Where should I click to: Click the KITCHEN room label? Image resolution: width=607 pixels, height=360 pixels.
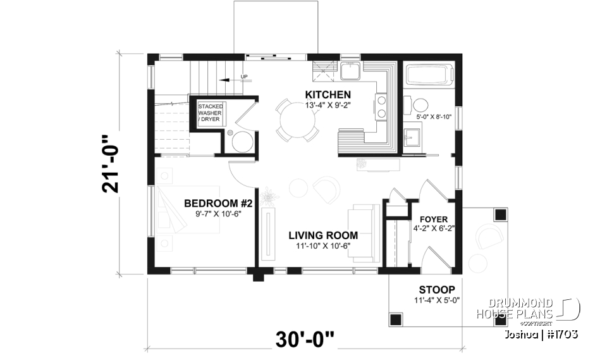[x=328, y=95]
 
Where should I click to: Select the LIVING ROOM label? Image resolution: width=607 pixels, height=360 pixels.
[x=323, y=235]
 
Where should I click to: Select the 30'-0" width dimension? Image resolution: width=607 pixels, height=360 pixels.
[x=304, y=340]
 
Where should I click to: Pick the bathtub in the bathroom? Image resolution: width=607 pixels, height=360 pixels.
[x=430, y=77]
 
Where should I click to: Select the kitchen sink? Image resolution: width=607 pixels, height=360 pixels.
[x=350, y=71]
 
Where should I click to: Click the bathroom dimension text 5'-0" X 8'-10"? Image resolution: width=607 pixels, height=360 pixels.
[x=434, y=117]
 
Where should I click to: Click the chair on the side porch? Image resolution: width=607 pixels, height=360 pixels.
[x=489, y=237]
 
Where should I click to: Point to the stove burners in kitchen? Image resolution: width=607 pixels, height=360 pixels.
[x=382, y=106]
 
